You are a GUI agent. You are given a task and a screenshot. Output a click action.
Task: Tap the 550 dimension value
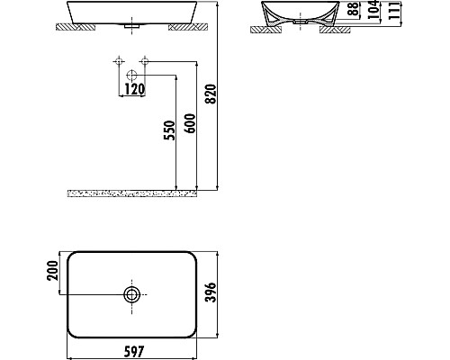point(168,132)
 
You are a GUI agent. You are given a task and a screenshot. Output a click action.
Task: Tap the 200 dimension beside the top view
point(52,271)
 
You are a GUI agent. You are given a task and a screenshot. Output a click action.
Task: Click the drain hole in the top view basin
point(132,294)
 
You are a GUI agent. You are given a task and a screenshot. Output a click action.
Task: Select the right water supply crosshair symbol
point(144,63)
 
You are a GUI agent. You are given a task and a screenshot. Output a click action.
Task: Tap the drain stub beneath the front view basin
point(132,28)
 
